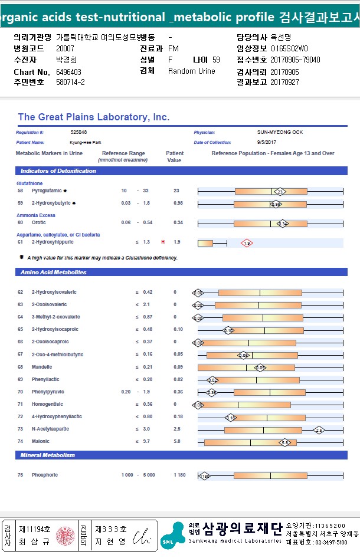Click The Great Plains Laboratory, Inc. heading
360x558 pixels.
pos(94,117)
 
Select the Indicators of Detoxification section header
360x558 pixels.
pos(58,171)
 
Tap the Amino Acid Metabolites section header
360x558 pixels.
pos(54,272)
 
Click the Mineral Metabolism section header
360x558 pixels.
pos(48,455)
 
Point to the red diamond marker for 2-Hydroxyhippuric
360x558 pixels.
pos(247,242)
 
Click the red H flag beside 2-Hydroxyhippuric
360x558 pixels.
pos(163,242)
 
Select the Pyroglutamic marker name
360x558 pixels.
pos(47,191)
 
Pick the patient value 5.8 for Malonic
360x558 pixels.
pos(177,441)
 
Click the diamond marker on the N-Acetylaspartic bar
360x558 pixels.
pos(319,430)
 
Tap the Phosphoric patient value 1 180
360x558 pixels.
pos(179,475)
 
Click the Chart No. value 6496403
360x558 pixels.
pos(68,72)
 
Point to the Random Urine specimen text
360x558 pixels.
pos(192,71)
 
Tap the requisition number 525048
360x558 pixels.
pos(78,132)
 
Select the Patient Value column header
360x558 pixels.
pos(175,156)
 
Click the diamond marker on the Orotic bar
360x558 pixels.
pos(283,224)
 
